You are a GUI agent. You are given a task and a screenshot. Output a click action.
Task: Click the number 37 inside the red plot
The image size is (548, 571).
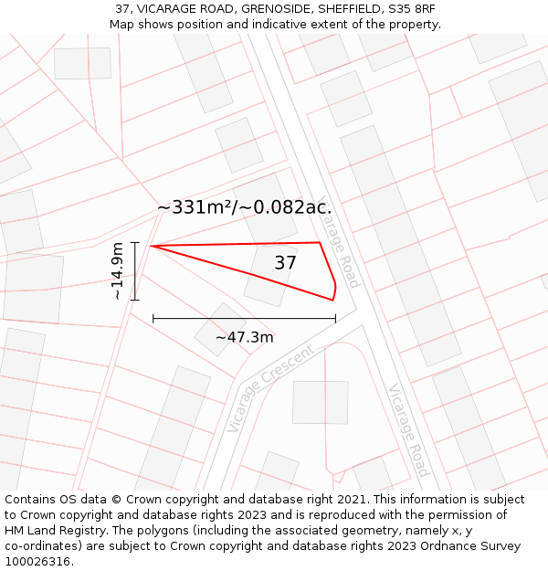[285, 263]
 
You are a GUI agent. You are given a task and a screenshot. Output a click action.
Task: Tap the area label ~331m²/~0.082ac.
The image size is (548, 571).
[244, 207]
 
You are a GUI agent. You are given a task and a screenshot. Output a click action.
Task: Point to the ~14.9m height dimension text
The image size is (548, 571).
[117, 270]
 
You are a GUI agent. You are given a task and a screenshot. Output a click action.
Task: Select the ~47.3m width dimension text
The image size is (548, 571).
[244, 337]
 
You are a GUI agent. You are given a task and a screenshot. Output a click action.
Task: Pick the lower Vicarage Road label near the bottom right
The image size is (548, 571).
[408, 429]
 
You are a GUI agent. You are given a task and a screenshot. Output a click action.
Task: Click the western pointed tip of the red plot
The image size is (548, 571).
[152, 246]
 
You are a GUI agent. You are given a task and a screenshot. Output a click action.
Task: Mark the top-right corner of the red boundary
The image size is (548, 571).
[320, 243]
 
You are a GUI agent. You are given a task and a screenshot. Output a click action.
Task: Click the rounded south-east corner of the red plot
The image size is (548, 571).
[333, 294]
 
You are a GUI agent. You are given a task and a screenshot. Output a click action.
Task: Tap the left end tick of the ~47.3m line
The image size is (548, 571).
[153, 318]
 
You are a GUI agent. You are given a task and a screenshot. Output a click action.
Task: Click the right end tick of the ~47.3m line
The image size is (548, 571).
[335, 318]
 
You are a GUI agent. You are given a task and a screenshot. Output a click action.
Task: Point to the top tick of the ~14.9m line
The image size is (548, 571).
[135, 243]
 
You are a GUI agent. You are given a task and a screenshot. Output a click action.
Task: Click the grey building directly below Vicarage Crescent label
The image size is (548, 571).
[320, 402]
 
